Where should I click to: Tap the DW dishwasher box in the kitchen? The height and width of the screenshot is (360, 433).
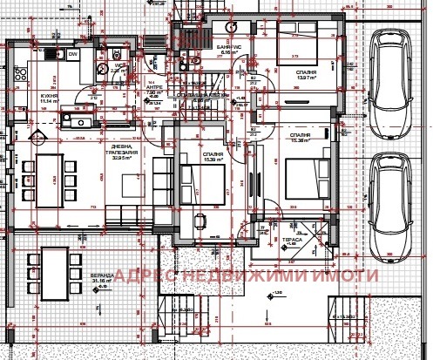(x=74, y=56)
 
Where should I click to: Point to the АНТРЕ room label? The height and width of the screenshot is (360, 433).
(x=154, y=89)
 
